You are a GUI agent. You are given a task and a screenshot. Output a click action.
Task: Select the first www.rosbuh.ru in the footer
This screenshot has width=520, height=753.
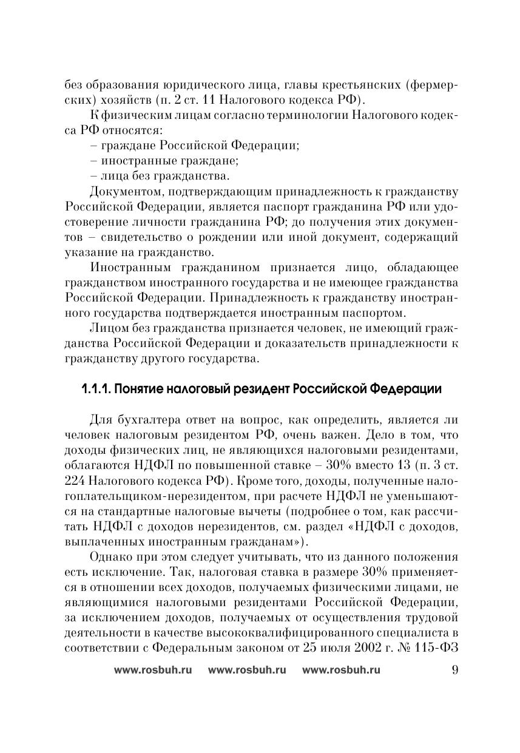pos(152,670)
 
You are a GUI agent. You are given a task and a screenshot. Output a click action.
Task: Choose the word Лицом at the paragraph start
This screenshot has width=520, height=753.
pos(106,328)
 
